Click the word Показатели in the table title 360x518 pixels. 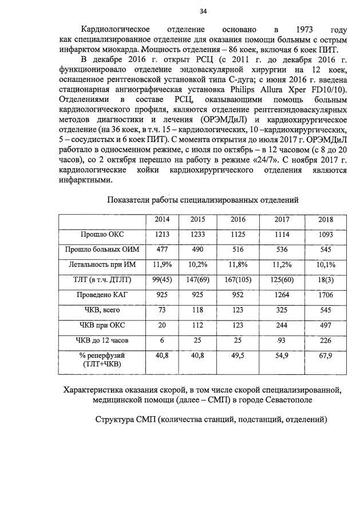(129, 199)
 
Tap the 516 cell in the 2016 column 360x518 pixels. (238, 250)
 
